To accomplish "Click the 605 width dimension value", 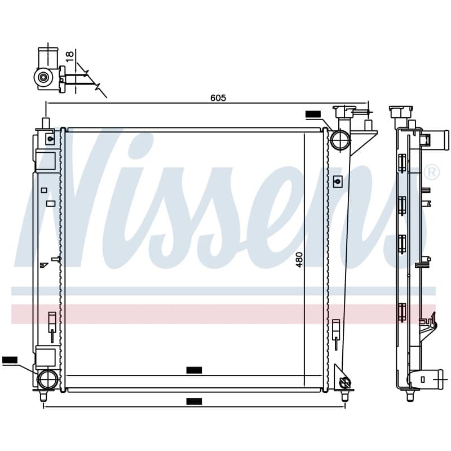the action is (218, 98).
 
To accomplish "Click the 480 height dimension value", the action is (300, 260).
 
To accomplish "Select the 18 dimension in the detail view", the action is (70, 56).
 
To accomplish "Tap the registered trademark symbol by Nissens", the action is (432, 172).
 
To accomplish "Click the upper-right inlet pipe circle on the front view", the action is (340, 139).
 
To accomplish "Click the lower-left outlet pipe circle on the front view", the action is (48, 379).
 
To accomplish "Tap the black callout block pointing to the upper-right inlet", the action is (313, 114).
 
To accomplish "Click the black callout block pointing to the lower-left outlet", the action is (10, 360).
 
